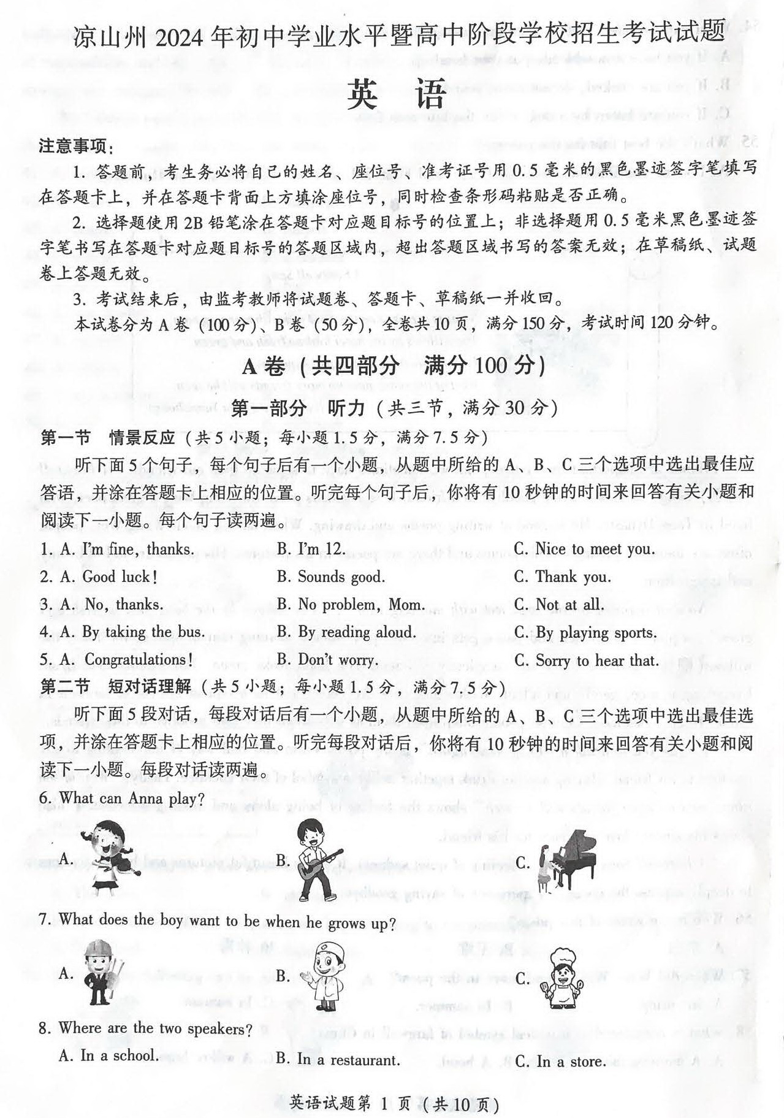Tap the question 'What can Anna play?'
click(131, 798)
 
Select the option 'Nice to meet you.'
click(595, 548)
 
